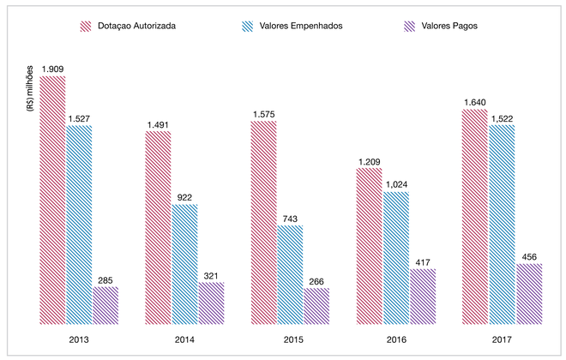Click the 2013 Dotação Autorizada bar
[x=52, y=201]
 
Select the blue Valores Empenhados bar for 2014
[x=184, y=264]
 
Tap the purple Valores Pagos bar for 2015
[x=316, y=306]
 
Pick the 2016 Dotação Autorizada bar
[x=369, y=246]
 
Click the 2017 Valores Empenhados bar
[x=501, y=225]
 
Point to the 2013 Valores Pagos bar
[x=105, y=305]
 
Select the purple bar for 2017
[x=528, y=294]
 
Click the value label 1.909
[x=52, y=69]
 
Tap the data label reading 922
[x=184, y=197]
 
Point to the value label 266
[x=316, y=280]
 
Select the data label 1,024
[x=396, y=184]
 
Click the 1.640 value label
[x=474, y=102]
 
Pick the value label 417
[x=423, y=261]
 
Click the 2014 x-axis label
[x=184, y=340]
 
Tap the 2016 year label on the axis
[x=396, y=340]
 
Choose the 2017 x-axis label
[x=502, y=340]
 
